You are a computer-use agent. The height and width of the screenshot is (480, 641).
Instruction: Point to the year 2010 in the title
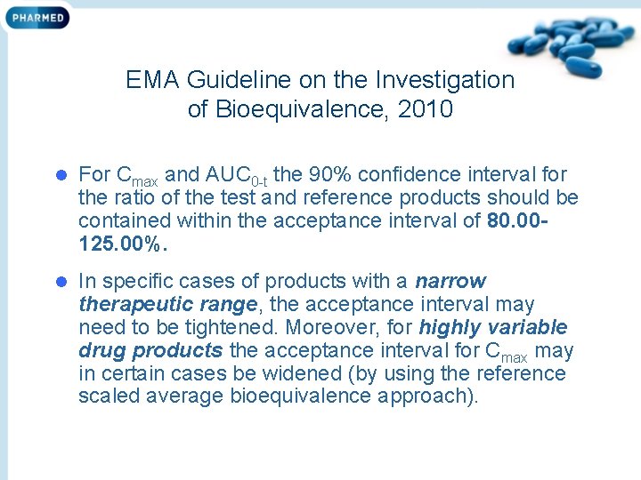pyautogui.click(x=426, y=109)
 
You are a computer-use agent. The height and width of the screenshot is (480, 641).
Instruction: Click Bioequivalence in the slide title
pyautogui.click(x=304, y=109)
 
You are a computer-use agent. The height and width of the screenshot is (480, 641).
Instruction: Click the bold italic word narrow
pyautogui.click(x=450, y=282)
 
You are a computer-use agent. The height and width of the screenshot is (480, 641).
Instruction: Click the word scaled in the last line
pyautogui.click(x=113, y=396)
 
